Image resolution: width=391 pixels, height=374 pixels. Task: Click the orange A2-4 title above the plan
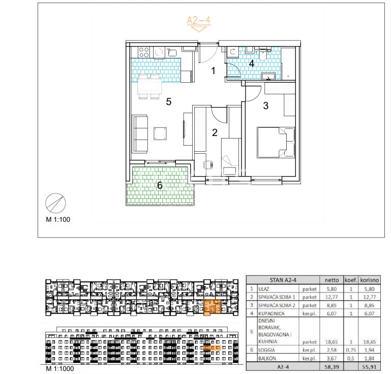pos(199,20)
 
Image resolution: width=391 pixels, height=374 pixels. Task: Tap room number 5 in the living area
pos(169,101)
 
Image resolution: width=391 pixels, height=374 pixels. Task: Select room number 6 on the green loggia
pos(160,185)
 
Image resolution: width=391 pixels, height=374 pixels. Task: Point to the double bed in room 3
pos(276,143)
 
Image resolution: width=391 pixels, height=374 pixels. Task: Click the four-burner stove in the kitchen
pos(144,52)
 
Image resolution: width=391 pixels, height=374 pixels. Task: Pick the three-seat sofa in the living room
pos(140,134)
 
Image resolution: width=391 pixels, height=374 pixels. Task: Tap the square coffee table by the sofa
pos(160,133)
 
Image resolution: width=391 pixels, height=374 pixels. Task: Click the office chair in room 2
pos(208,165)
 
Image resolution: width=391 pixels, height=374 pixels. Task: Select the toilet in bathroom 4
pos(263,55)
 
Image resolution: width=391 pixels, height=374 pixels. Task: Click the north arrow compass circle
pos(55,203)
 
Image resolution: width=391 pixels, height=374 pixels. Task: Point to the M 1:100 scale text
pos(58,219)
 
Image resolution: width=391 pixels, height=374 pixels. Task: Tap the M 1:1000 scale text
pos(60,368)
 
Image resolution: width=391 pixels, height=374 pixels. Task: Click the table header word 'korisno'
pos(369,280)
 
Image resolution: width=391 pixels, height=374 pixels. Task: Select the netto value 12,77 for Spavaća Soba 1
pos(332,297)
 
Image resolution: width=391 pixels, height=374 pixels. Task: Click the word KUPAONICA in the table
pos(271,314)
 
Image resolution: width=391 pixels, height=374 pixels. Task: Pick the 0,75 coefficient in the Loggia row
pos(351,350)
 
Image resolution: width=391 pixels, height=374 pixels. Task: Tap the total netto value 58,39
pos(332,366)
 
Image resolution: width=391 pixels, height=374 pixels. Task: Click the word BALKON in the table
pos(267,358)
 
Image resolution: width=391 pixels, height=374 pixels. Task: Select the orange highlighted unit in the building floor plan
pos(213,308)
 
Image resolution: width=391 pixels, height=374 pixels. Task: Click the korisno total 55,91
pos(369,366)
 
